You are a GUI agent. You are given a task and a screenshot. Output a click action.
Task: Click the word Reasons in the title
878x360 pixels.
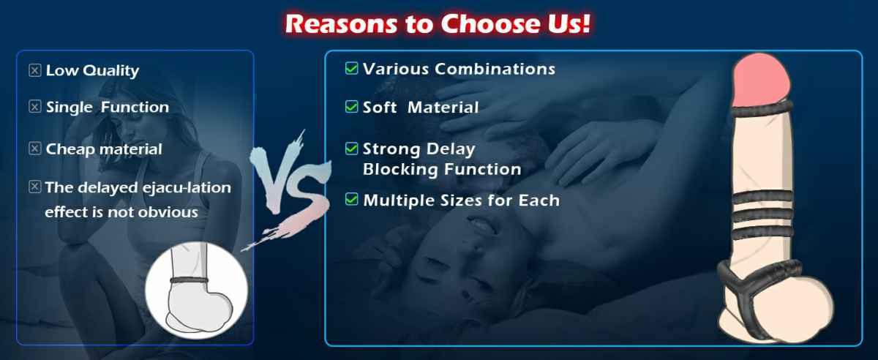click(341, 24)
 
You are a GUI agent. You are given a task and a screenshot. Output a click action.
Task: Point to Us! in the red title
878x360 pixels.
click(566, 23)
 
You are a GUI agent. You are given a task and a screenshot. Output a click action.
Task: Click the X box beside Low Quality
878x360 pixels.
click(35, 70)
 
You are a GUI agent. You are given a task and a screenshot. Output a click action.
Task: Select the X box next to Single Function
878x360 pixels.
click(35, 107)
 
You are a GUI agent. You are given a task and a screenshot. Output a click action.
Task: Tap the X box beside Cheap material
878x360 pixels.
click(35, 149)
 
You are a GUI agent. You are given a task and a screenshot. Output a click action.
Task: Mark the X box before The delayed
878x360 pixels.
click(35, 187)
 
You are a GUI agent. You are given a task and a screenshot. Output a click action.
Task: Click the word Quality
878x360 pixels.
click(111, 71)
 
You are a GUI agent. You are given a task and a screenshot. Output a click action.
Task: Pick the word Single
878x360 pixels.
click(70, 108)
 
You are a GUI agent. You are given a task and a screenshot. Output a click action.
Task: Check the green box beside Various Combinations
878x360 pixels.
click(352, 68)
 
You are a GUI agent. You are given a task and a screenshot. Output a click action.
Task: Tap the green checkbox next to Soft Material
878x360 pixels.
click(352, 107)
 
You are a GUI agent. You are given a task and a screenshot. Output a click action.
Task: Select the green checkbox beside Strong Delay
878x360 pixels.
click(352, 149)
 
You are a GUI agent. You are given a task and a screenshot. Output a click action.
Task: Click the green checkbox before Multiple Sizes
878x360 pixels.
click(352, 199)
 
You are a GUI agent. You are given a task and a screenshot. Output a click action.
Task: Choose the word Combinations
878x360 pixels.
click(495, 69)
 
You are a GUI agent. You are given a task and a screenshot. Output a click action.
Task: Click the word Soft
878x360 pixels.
click(380, 108)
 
